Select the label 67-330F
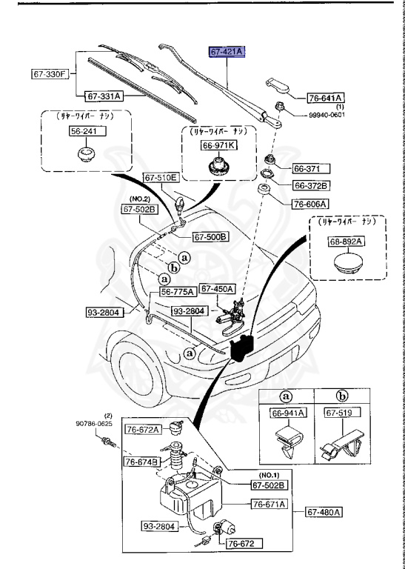click(50, 74)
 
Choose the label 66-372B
click(311, 185)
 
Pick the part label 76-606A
click(311, 203)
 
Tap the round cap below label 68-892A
click(347, 264)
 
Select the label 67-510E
click(161, 178)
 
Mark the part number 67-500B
click(211, 237)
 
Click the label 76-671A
click(269, 505)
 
